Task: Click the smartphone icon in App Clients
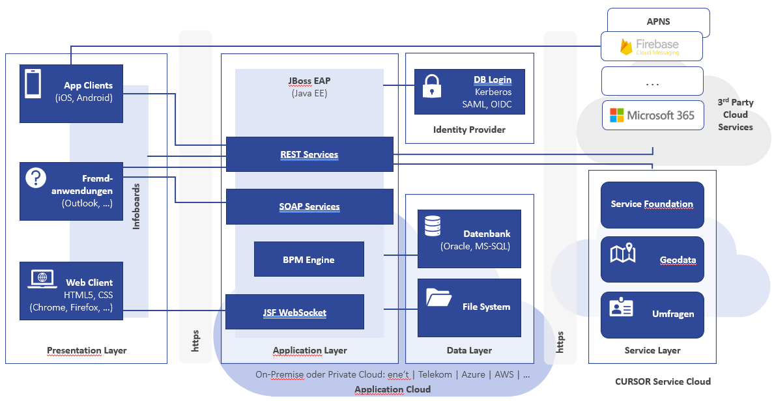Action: click(x=33, y=84)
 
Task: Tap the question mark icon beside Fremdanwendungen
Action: click(x=36, y=178)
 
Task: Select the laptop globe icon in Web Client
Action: click(x=42, y=279)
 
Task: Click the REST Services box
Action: click(x=309, y=154)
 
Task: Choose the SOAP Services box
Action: click(x=309, y=206)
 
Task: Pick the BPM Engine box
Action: click(x=309, y=259)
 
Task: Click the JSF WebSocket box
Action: click(x=294, y=312)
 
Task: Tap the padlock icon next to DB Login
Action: click(x=432, y=86)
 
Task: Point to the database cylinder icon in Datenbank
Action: click(x=432, y=226)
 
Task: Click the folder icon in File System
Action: click(x=438, y=297)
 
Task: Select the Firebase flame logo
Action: click(x=626, y=47)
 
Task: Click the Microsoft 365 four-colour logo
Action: click(x=616, y=115)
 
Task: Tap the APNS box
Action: click(x=658, y=21)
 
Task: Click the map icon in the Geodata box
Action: click(x=622, y=253)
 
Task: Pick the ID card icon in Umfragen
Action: click(x=621, y=307)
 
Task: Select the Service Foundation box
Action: click(x=652, y=204)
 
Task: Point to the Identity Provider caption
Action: click(x=469, y=130)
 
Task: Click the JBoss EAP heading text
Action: click(x=309, y=81)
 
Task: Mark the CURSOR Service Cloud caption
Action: click(x=663, y=381)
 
